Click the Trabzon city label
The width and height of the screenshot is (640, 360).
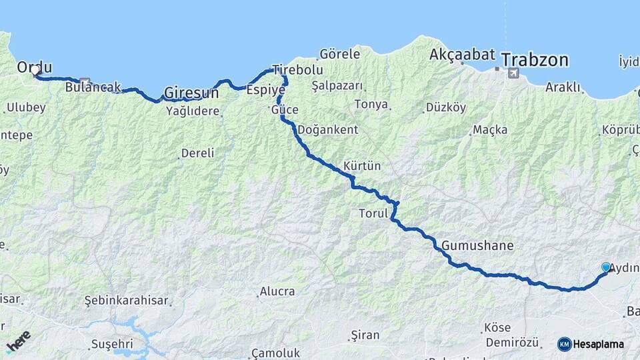point(535,60)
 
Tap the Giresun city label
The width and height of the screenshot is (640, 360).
point(191,92)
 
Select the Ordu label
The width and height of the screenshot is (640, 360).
point(35,67)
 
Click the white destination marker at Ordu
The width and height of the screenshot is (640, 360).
point(35,70)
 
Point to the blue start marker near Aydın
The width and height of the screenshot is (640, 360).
point(606,267)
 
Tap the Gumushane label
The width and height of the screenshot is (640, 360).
point(477,245)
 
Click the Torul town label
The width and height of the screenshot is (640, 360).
point(373,213)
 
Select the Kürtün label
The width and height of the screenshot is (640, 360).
point(362,165)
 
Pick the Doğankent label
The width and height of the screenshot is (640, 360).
point(327,129)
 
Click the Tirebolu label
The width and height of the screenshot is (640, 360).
point(297,69)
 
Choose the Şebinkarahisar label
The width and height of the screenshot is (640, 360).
point(126,301)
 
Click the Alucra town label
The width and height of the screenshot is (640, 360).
point(277,291)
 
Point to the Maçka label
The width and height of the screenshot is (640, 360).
point(490,129)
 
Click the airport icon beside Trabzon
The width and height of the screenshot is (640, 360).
point(513,73)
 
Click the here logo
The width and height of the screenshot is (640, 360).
point(19,341)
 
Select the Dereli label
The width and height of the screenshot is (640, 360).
point(197,153)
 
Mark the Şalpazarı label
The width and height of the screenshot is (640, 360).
point(337,85)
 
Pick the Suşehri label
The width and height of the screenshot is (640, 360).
point(111,344)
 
